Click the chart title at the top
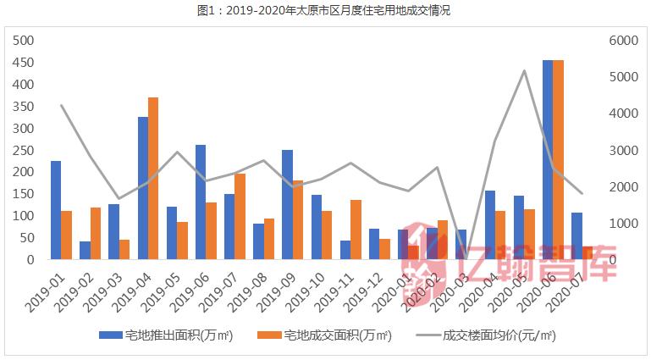point(324,11)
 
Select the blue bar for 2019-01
point(56,210)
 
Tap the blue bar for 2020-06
point(548,160)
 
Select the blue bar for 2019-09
point(287,204)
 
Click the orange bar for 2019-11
point(356,230)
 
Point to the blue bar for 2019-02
point(85,251)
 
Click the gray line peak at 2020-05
point(525,71)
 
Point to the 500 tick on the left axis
point(23,42)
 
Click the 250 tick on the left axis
point(23,151)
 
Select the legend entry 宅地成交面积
point(325,335)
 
